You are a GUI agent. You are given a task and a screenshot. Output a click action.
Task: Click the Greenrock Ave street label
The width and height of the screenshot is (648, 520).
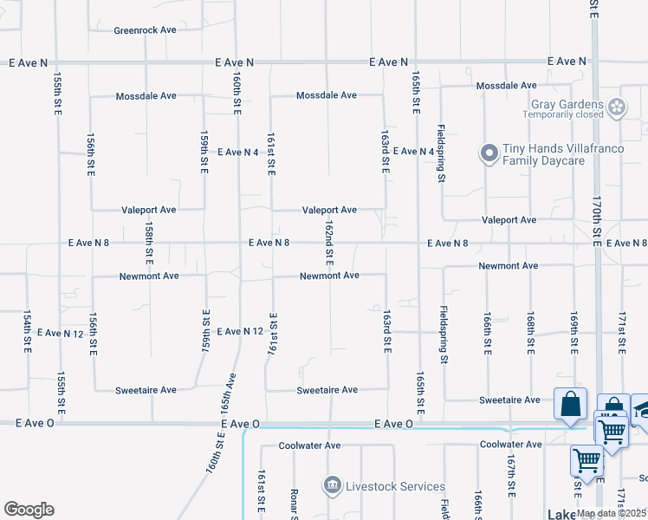pos(145,29)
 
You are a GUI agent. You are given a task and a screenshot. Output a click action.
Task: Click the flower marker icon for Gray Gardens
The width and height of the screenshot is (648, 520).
pos(617,108)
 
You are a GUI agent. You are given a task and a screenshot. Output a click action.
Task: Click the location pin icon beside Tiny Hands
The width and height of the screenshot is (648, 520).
pos(489,154)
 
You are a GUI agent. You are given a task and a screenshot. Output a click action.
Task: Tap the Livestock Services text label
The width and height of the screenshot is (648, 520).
pos(395,486)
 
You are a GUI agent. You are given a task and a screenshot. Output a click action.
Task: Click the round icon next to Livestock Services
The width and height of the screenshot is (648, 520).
pos(332,486)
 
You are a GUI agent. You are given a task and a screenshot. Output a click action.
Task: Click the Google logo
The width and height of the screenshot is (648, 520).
pos(29,510)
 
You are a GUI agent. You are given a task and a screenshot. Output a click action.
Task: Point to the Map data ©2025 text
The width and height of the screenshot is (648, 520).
pos(612,513)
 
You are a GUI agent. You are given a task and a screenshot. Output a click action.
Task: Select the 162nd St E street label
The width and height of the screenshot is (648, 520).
pos(329,242)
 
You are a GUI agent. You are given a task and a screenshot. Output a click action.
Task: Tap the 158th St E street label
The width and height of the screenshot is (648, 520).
pos(149,243)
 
